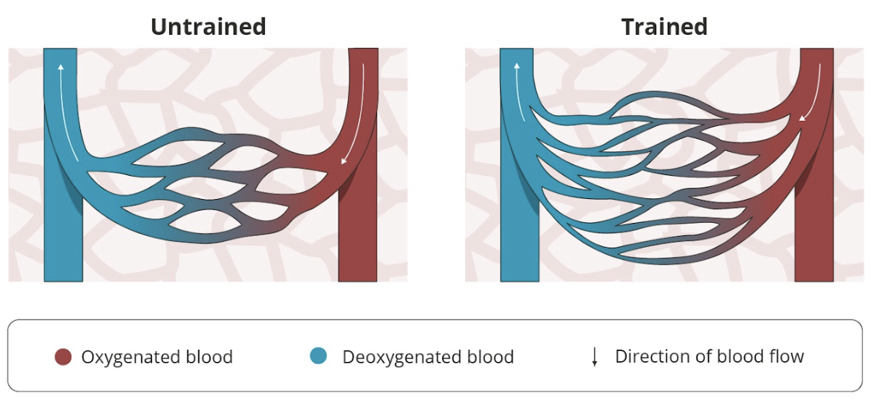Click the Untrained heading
click(x=208, y=27)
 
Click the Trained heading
click(x=665, y=27)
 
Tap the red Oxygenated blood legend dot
click(x=63, y=357)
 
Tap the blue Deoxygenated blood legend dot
click(x=318, y=356)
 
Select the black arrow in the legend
click(x=595, y=357)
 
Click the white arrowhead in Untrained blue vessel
click(x=61, y=67)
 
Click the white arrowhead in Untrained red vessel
click(x=344, y=161)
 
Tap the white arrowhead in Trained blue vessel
click(x=517, y=66)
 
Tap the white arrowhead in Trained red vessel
click(x=802, y=118)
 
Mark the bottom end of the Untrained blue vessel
click(x=64, y=281)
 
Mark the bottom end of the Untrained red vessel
click(x=357, y=281)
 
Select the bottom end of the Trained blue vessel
click(x=520, y=281)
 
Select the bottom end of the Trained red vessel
click(x=815, y=281)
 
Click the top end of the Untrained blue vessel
click(x=60, y=49)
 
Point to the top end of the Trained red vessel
click(x=817, y=49)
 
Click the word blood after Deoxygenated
click(x=490, y=358)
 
